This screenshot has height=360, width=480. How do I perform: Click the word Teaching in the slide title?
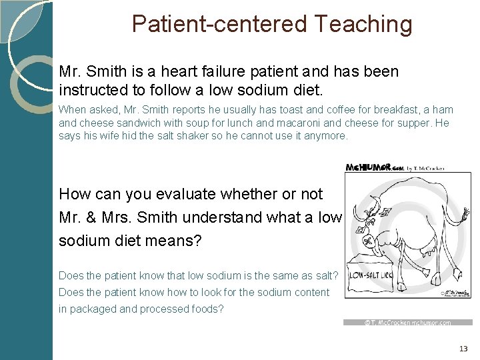tap(363, 24)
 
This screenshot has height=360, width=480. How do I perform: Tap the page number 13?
tap(463, 349)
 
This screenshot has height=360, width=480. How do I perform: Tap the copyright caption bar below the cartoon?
tap(407, 323)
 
